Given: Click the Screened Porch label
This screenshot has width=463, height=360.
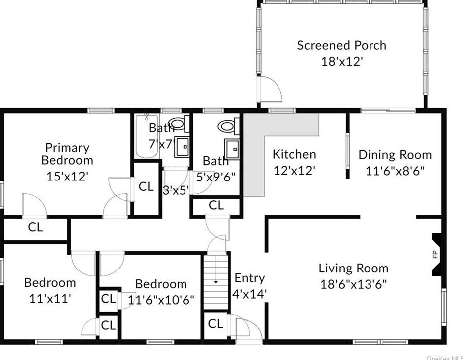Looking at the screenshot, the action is click(x=342, y=45).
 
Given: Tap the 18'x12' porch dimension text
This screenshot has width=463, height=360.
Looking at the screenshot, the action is click(x=342, y=62).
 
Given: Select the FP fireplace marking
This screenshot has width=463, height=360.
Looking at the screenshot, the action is click(x=435, y=254).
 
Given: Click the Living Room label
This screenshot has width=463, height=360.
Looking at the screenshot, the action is click(x=354, y=268).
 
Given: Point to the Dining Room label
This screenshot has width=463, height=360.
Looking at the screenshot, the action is click(x=395, y=155).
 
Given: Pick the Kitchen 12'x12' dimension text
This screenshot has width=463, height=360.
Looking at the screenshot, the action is click(x=294, y=171).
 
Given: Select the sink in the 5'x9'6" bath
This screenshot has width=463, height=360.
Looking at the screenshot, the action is click(x=232, y=149).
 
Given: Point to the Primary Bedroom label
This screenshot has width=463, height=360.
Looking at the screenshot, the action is click(x=67, y=154).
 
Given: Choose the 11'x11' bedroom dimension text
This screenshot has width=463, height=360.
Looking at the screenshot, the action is click(x=50, y=299).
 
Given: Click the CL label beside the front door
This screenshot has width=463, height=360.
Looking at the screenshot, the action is click(x=215, y=324).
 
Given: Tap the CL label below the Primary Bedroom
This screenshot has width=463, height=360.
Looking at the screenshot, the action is click(x=35, y=227).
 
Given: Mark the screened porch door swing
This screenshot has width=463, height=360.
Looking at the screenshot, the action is click(x=270, y=89).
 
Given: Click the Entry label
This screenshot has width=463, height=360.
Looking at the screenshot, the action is click(x=250, y=278).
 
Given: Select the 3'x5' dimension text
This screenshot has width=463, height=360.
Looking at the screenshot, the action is click(x=176, y=190).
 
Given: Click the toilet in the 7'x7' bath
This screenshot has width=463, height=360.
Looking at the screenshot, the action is click(x=179, y=124).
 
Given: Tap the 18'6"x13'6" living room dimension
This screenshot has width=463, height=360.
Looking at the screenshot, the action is click(x=354, y=284).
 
